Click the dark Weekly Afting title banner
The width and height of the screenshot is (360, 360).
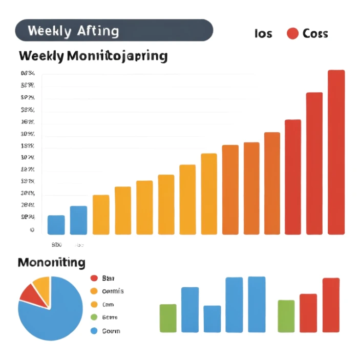[x=114, y=30]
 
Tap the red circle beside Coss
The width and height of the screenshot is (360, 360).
[x=292, y=34]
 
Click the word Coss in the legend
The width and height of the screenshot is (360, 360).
[x=315, y=34]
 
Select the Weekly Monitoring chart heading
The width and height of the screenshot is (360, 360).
[x=93, y=56]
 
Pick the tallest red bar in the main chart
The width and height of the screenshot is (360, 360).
[x=336, y=152]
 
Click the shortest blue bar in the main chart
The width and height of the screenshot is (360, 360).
[x=56, y=225]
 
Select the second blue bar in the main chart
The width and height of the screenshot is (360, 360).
[x=78, y=220]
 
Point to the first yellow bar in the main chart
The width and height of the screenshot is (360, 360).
[x=101, y=215]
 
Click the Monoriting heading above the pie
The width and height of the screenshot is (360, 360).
[x=51, y=263]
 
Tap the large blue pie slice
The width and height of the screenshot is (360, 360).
[x=54, y=315]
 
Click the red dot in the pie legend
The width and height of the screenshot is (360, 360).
[x=94, y=278]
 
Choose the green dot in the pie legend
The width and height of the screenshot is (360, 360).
[x=94, y=317]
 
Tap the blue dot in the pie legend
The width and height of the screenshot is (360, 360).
[x=94, y=331]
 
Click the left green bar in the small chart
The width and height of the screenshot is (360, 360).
[x=168, y=318]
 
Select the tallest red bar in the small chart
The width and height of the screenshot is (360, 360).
[x=331, y=305]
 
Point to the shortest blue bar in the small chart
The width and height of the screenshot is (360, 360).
[x=212, y=319]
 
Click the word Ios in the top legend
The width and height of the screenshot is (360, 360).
[x=264, y=34]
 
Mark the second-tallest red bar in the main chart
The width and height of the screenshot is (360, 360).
[x=314, y=163]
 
